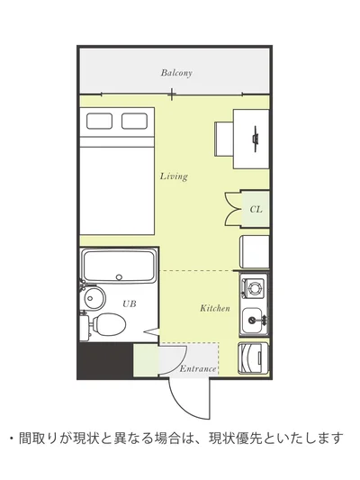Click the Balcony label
[x=176, y=73]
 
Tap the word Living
[x=174, y=177]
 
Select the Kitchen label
[x=215, y=308]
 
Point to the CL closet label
[x=256, y=210]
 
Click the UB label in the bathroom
[x=129, y=304]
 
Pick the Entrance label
[x=198, y=369]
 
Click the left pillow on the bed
[x=99, y=121]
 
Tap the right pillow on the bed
[x=134, y=121]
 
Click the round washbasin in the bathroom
[x=94, y=297]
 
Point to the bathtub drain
[x=119, y=277]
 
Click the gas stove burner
[x=255, y=287]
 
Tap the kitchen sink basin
[x=253, y=321]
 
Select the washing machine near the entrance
[x=253, y=358]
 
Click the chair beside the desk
[x=224, y=139]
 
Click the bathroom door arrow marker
[x=151, y=331]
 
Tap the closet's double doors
[x=233, y=210]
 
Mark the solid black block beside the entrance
[x=106, y=360]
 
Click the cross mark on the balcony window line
[x=172, y=94]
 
